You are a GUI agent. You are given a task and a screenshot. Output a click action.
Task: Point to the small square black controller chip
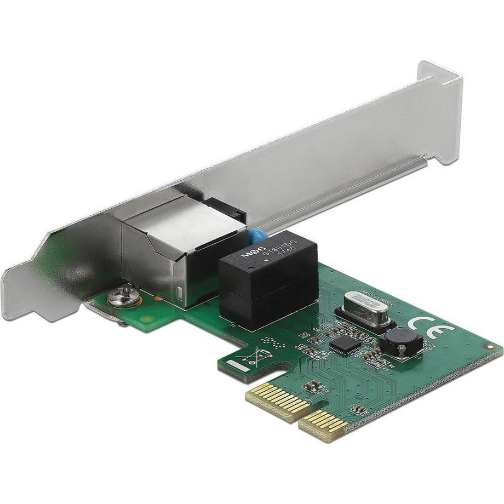click(345, 343)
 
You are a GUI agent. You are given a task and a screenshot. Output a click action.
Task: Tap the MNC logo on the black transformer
click(253, 253)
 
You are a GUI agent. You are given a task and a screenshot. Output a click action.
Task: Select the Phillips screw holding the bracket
click(121, 297)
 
